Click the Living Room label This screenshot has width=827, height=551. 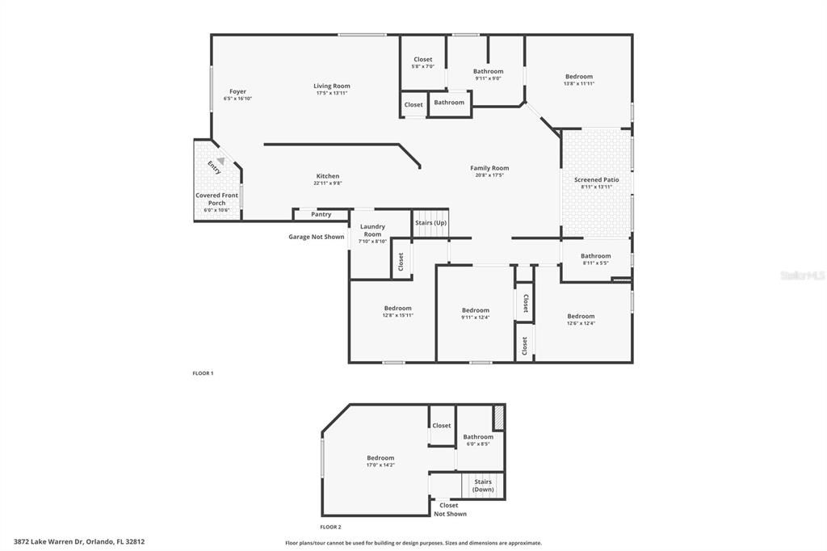[x=332, y=86]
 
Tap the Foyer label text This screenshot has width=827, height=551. [x=237, y=91]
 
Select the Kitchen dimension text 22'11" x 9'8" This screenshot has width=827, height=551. [x=328, y=183]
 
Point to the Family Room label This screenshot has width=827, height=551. [x=489, y=168]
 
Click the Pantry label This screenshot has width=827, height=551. [x=321, y=214]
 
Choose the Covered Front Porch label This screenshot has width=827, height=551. [x=217, y=199]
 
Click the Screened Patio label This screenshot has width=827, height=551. [x=597, y=179]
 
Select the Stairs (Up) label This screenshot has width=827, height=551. [x=430, y=222]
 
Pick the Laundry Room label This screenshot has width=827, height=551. [x=372, y=229]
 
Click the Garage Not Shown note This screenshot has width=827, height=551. [x=317, y=237]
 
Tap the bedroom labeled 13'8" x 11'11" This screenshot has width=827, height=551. [x=578, y=77]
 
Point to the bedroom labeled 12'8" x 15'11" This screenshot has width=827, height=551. [x=397, y=308]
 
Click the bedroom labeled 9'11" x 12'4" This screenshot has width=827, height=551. [x=476, y=310]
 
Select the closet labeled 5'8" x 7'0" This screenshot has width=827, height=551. [x=422, y=59]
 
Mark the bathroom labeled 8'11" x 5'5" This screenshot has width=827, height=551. [x=596, y=256]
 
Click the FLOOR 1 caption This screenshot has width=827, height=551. [x=203, y=373]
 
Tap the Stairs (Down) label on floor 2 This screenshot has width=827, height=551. [x=483, y=486]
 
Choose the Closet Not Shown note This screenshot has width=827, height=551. [x=449, y=510]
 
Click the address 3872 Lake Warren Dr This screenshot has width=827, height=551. [x=79, y=542]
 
